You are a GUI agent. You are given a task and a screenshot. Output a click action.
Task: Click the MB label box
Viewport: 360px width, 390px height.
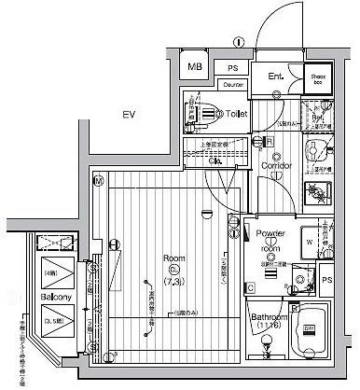(x=195, y=67)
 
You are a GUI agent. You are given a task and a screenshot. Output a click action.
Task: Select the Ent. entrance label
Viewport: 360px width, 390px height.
(x=276, y=77)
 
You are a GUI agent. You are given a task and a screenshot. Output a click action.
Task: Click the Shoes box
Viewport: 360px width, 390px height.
(x=318, y=78)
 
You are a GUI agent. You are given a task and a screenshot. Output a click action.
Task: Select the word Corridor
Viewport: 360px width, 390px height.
(x=277, y=166)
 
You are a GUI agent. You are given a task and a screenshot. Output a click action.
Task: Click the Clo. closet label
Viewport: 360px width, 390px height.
(x=215, y=160)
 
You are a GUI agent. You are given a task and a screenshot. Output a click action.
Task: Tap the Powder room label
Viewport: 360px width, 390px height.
(x=269, y=242)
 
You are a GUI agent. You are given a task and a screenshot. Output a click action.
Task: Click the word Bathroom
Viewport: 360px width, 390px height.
(x=269, y=318)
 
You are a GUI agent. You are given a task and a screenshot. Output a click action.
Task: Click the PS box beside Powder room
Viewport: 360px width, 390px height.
(x=327, y=280)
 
